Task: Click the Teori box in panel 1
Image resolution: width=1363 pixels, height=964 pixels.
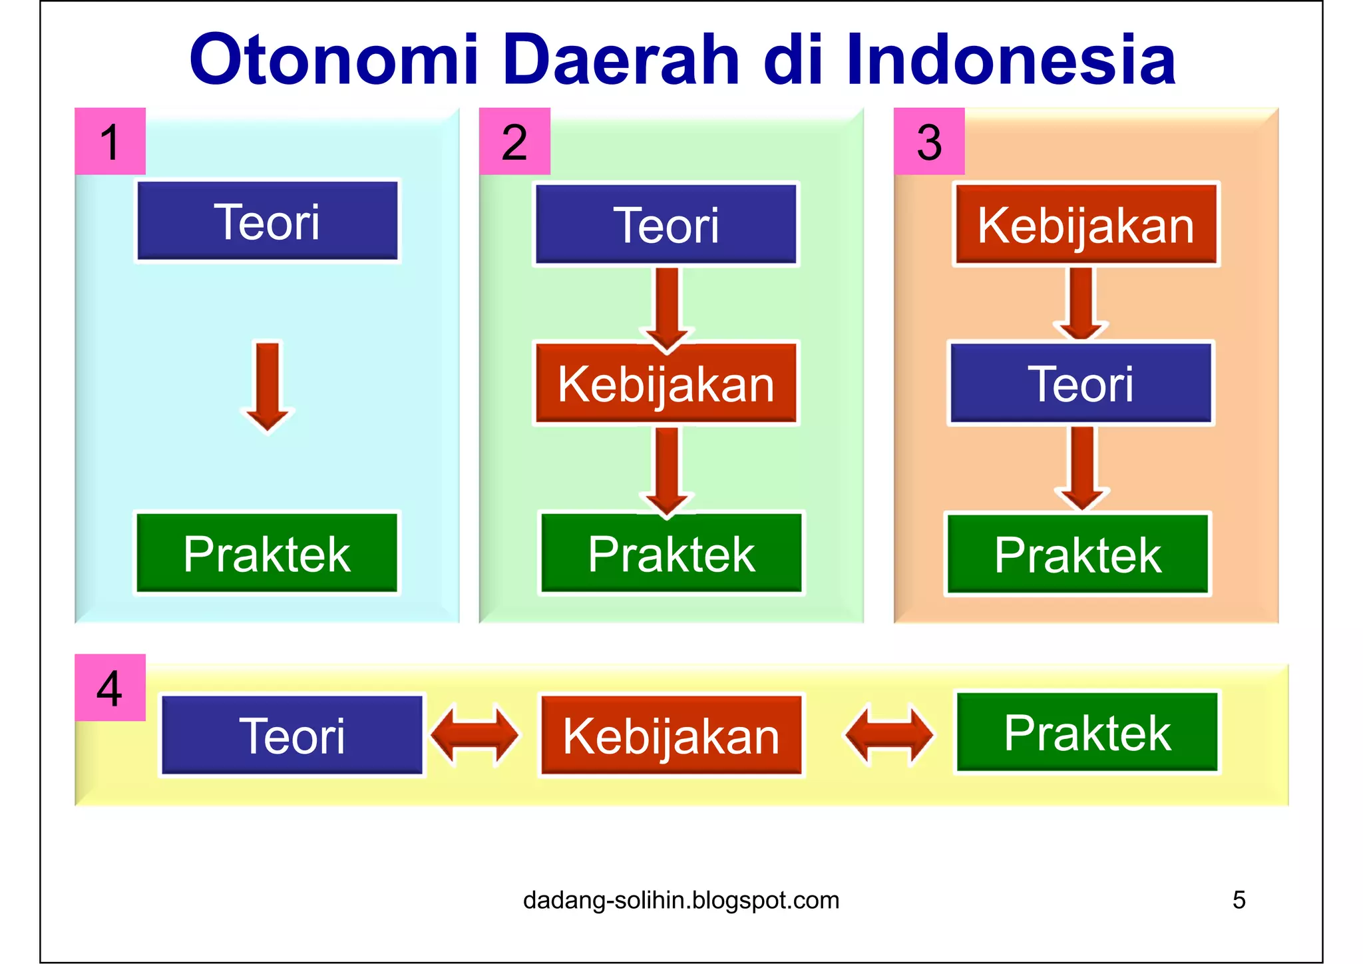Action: click(268, 222)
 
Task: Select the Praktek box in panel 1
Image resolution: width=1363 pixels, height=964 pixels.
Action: click(268, 553)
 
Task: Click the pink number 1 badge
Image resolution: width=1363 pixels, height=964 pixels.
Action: click(110, 141)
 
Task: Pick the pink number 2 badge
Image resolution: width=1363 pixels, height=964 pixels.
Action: click(514, 141)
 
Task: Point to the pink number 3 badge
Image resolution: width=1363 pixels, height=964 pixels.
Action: click(929, 141)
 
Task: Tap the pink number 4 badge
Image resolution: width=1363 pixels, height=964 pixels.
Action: click(110, 688)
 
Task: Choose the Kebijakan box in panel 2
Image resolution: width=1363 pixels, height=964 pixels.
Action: click(666, 384)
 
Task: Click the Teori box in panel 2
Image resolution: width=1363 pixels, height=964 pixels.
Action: click(666, 225)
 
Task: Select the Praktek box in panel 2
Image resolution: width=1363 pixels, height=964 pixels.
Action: click(671, 553)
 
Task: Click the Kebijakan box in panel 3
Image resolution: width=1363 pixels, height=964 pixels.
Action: click(1086, 225)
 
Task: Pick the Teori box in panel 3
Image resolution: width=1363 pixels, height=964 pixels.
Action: click(1081, 384)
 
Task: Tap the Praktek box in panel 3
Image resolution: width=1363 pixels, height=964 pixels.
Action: click(1077, 554)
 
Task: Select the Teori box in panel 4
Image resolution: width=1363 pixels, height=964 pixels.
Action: click(292, 736)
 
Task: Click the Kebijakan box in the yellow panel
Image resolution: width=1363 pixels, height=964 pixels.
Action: click(671, 736)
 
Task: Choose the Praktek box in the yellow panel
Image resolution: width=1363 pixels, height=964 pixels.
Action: click(1087, 732)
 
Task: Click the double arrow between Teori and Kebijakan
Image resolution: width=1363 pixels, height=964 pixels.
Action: click(475, 736)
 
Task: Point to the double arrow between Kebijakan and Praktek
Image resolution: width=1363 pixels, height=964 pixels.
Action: click(889, 736)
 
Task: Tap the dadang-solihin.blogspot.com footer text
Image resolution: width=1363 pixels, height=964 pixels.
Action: click(681, 900)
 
